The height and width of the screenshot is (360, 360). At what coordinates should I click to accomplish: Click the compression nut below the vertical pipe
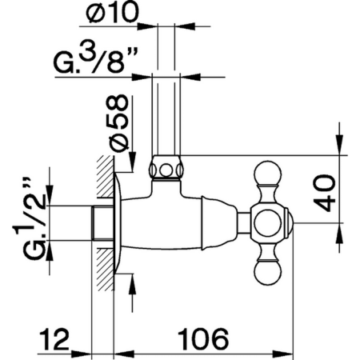[165, 169]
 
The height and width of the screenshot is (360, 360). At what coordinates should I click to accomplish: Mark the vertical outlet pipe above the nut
[165, 112]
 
